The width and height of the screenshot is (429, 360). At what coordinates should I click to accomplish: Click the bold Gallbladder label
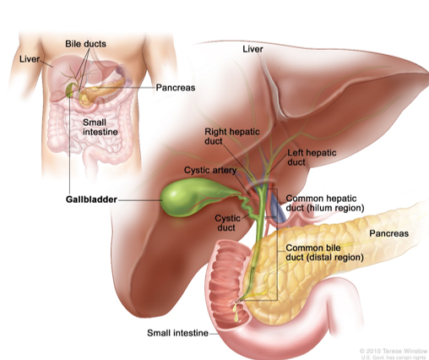click(91, 199)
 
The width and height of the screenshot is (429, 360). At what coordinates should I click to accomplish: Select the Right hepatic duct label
click(232, 136)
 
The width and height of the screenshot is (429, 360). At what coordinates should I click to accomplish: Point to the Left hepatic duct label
click(312, 157)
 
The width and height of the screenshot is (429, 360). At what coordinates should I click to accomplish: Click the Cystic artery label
click(210, 170)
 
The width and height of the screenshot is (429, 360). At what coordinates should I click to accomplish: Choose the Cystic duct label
click(227, 223)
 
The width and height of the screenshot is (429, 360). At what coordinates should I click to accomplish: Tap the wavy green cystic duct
click(248, 208)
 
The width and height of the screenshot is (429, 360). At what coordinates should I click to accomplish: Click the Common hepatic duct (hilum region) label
click(325, 203)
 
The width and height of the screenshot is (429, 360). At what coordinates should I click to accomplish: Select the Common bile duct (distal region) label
click(324, 253)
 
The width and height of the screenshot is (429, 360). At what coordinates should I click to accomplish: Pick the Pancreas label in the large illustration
click(388, 233)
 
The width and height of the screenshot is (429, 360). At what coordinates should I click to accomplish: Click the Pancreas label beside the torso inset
click(176, 88)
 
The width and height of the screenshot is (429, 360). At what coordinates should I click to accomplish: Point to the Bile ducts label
click(85, 44)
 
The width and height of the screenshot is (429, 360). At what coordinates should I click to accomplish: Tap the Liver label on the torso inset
click(30, 59)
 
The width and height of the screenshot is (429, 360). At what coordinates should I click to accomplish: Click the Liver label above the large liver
click(253, 49)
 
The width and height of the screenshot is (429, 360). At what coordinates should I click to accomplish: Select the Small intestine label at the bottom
click(177, 333)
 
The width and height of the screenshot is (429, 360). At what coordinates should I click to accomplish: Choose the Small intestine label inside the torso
click(100, 127)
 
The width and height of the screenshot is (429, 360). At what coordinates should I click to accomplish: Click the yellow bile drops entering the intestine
click(236, 312)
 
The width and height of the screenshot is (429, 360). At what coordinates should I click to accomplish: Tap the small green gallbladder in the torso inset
click(69, 90)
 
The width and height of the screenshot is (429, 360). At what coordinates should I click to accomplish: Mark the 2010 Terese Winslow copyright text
click(394, 351)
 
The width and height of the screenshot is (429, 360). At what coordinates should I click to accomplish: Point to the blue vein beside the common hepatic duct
click(276, 210)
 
